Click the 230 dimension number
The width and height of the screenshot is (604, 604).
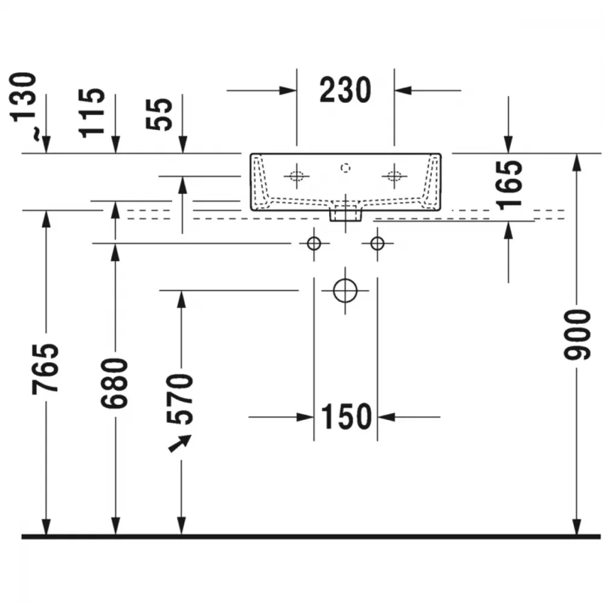(345, 90)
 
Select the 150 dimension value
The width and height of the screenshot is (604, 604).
(346, 416)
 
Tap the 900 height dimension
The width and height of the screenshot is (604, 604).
(577, 335)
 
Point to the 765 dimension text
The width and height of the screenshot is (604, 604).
(45, 369)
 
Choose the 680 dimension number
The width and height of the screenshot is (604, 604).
(114, 384)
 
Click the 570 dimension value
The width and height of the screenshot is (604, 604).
(180, 399)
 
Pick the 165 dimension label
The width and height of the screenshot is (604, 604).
(510, 185)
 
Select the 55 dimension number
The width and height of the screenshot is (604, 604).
(159, 114)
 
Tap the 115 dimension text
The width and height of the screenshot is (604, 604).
(92, 113)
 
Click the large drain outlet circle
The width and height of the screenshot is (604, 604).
(345, 291)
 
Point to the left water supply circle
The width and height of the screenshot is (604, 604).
(314, 243)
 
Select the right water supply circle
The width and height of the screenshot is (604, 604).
(377, 243)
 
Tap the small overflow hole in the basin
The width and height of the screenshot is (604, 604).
(345, 168)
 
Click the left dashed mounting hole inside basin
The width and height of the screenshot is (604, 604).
(297, 176)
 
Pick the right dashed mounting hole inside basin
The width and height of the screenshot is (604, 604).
(394, 176)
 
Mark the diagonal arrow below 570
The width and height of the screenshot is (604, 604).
(180, 443)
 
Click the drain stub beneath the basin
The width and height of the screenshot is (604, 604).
(345, 216)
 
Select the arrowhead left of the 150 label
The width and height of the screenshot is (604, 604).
(305, 417)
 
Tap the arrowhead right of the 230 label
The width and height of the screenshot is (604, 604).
(403, 91)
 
